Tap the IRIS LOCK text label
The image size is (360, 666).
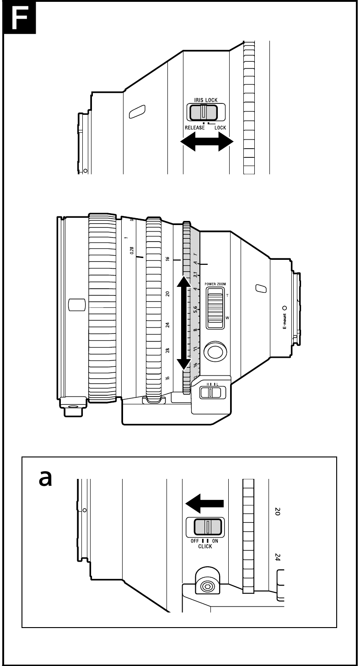(205, 100)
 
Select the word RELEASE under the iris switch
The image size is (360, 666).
(194, 128)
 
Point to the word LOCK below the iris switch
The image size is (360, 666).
(220, 128)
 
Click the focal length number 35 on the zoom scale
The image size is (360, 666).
(168, 378)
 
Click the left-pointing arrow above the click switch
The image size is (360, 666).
(204, 504)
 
